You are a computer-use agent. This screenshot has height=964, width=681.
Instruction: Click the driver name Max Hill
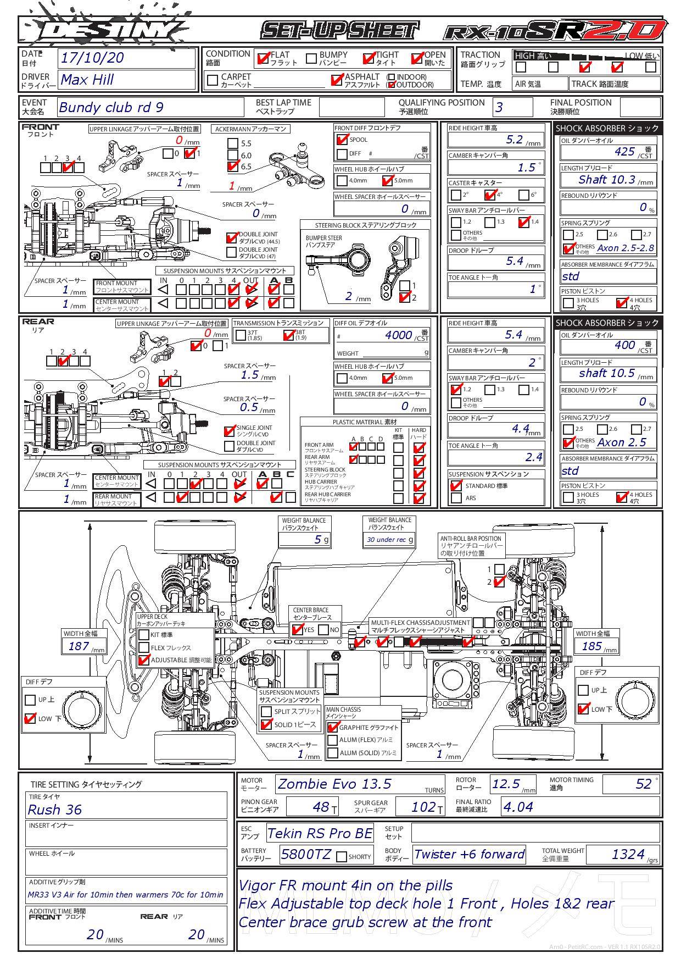87,80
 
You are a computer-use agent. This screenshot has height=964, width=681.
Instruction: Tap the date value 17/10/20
92,58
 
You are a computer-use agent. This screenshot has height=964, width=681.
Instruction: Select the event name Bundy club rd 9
111,107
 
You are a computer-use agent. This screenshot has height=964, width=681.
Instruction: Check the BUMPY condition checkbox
311,58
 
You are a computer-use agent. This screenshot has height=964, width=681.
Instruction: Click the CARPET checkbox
213,80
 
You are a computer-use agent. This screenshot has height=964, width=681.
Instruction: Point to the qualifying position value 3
499,107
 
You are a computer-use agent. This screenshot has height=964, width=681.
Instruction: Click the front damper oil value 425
625,152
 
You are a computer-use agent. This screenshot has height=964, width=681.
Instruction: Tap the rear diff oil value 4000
398,335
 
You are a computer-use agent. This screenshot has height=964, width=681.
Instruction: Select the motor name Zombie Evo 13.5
334,784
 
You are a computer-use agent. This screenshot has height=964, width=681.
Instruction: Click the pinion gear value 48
321,807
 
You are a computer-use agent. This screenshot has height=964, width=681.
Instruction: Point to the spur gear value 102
423,807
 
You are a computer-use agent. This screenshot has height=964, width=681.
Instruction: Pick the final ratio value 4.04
518,807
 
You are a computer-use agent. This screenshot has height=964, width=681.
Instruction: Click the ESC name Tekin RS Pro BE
320,834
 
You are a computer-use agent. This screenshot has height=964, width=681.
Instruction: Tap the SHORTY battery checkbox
342,857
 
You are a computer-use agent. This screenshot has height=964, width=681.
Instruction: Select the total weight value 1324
628,854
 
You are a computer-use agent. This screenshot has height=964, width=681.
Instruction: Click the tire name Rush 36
55,810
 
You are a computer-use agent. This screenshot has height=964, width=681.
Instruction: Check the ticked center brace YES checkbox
298,629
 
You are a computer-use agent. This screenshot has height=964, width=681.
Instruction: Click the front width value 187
79,646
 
